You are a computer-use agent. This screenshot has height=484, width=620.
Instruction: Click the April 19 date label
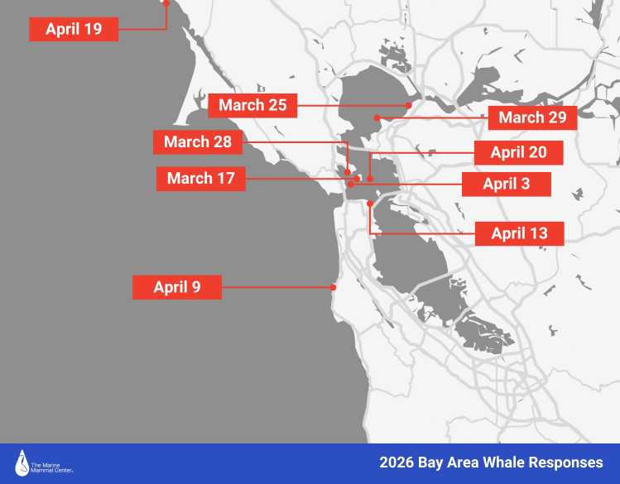pyautogui.click(x=74, y=30)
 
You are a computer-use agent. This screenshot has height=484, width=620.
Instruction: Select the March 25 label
pyautogui.click(x=252, y=105)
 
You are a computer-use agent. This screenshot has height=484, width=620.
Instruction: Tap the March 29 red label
pyautogui.click(x=532, y=117)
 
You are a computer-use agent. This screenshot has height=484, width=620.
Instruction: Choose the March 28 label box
pyautogui.click(x=198, y=141)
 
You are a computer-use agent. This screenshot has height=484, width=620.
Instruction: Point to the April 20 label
pyautogui.click(x=518, y=152)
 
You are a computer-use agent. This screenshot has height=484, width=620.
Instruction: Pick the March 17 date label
pyautogui.click(x=200, y=178)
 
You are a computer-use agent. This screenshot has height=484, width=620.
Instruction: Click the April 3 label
pyautogui.click(x=506, y=184)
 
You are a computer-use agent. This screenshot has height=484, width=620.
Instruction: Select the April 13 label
pyautogui.click(x=519, y=233)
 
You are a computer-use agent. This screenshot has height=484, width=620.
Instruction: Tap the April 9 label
pyautogui.click(x=176, y=287)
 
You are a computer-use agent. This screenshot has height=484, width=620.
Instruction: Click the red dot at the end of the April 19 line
pyautogui.click(x=166, y=3)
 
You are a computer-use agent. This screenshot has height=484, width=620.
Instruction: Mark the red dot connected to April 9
pyautogui.click(x=333, y=288)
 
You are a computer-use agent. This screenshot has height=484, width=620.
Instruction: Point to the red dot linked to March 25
pyautogui.click(x=409, y=105)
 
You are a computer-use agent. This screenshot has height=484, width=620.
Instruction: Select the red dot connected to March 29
pyautogui.click(x=377, y=117)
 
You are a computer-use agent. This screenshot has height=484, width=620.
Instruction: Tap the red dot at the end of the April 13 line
pyautogui.click(x=370, y=203)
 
